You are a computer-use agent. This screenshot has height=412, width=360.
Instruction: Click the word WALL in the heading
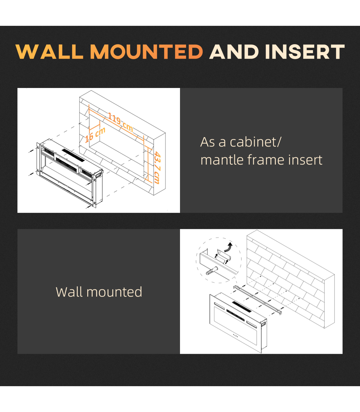(x=49, y=52)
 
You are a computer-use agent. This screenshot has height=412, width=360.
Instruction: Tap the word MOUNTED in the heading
(x=147, y=52)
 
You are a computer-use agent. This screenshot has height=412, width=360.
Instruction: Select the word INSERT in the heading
(x=305, y=52)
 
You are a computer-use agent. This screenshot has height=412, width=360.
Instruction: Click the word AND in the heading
(x=234, y=52)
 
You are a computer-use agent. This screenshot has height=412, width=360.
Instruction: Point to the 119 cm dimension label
(x=120, y=122)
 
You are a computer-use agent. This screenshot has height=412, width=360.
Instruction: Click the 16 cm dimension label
(x=95, y=135)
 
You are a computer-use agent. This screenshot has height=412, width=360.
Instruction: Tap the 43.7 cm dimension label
(x=157, y=168)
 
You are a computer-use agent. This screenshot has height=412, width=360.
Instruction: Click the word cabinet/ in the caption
(x=255, y=142)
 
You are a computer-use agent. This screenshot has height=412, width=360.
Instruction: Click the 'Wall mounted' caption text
(x=99, y=292)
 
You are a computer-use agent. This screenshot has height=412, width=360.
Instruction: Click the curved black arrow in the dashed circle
(x=229, y=247)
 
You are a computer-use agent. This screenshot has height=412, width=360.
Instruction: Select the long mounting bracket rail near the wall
(x=257, y=299)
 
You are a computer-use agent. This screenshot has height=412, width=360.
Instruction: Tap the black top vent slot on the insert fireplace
(x=73, y=155)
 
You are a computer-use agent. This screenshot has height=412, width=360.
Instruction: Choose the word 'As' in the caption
(x=207, y=142)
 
